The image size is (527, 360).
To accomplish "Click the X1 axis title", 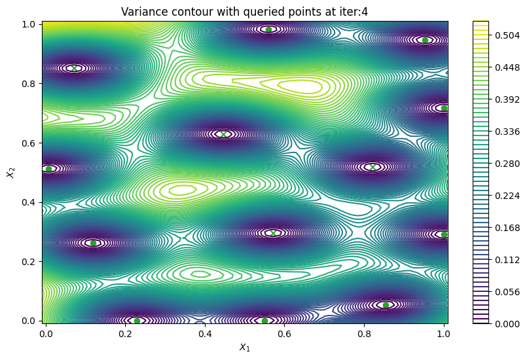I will click(x=245, y=348).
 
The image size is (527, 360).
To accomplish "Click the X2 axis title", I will click(x=10, y=171).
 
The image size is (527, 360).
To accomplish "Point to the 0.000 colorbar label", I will click(x=502, y=323).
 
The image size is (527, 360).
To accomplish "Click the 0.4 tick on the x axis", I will click(x=205, y=333).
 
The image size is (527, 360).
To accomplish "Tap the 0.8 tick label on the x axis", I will click(x=364, y=333).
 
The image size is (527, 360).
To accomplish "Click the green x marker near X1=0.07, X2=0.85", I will click(x=74, y=68).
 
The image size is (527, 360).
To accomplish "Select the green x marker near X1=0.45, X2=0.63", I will click(x=224, y=134).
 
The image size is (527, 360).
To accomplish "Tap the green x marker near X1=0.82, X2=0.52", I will click(x=373, y=167).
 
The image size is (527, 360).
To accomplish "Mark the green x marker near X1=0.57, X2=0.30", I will click(x=274, y=233).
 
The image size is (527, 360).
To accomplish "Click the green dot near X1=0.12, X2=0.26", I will click(x=93, y=243).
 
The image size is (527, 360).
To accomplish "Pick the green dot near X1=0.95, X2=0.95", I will click(x=425, y=40).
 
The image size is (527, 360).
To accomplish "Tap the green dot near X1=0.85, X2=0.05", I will click(x=386, y=305).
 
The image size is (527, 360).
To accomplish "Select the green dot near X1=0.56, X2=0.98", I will click(x=268, y=29).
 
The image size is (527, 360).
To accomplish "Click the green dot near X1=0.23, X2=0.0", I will click(x=137, y=321).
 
